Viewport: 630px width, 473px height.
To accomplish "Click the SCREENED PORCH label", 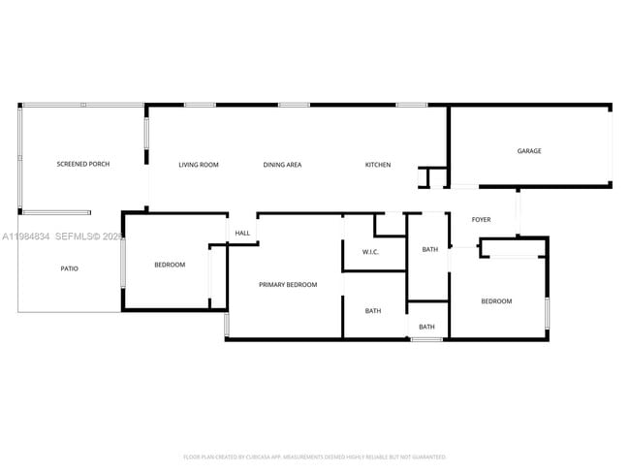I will [x=82, y=165].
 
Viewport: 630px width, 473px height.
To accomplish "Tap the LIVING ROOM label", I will [x=198, y=165].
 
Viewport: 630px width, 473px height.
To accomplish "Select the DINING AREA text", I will [x=282, y=165].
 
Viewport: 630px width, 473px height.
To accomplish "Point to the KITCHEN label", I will [x=378, y=165].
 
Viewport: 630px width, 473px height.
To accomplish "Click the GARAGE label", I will [x=528, y=151].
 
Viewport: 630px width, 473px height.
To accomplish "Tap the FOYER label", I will [x=481, y=220].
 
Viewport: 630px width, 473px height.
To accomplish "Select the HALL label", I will [x=242, y=233].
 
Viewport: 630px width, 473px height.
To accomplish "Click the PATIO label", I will [x=69, y=268].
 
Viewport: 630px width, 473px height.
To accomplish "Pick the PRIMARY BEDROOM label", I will [x=288, y=285].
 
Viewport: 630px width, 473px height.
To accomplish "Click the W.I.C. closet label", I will [x=370, y=253].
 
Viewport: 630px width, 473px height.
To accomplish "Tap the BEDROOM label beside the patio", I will [x=170, y=265].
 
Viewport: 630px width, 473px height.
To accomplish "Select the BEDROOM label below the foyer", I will [x=496, y=301].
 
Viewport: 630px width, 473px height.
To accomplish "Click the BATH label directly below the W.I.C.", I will [x=373, y=311].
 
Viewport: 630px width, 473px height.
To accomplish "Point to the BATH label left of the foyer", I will [x=429, y=250].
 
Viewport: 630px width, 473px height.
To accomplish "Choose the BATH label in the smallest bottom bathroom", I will [x=426, y=327].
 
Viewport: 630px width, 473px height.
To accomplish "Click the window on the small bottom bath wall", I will [x=426, y=339].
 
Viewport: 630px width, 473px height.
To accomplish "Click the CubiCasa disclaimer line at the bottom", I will [x=314, y=457].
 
